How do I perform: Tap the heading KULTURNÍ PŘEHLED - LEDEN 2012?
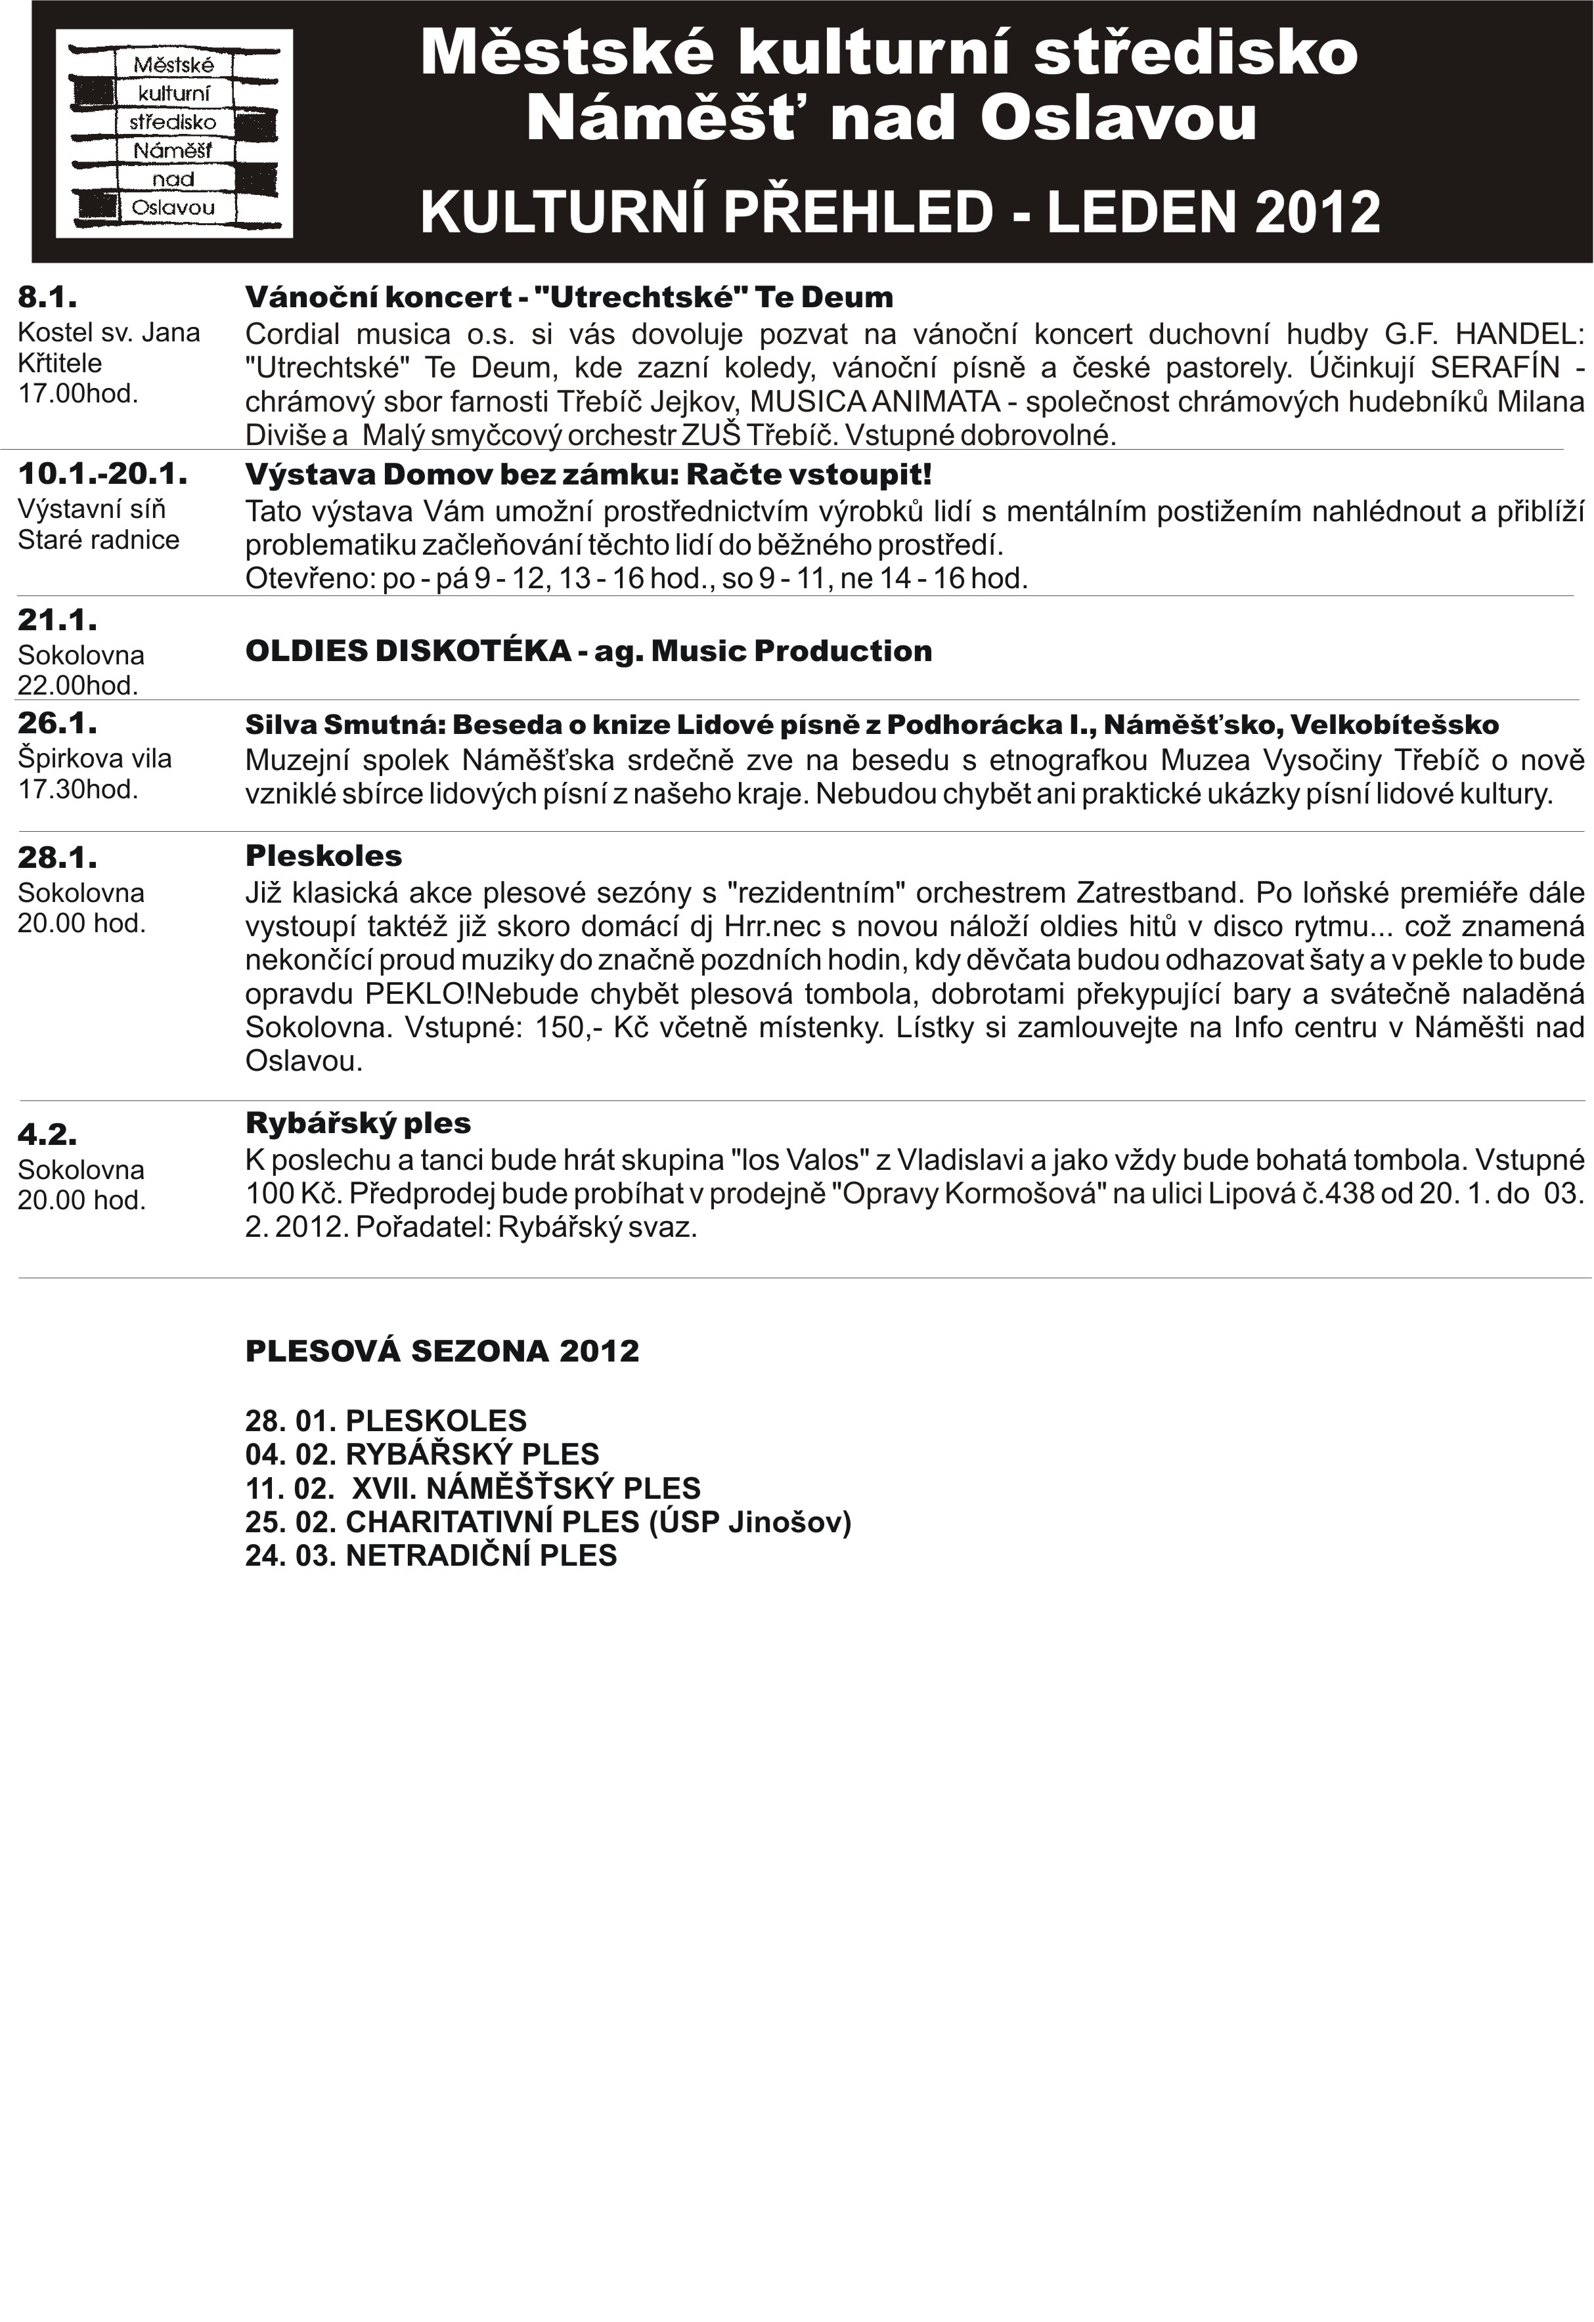click(x=899, y=212)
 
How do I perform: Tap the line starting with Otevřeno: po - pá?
click(x=636, y=578)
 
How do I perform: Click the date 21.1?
click(x=57, y=620)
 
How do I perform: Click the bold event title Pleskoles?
click(x=324, y=856)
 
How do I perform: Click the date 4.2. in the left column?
click(x=47, y=1134)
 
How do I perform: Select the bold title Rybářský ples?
click(x=358, y=1123)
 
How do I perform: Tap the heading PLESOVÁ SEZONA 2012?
click(x=442, y=1351)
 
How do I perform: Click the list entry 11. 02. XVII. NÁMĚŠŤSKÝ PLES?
click(x=473, y=1488)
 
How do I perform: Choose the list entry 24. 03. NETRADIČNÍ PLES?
click(x=431, y=1556)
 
